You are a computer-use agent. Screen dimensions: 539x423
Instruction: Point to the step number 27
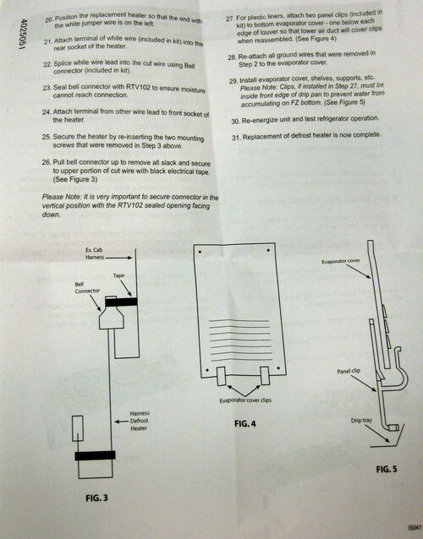[x=231, y=17]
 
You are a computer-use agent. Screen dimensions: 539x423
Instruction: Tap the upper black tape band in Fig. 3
[x=124, y=300]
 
